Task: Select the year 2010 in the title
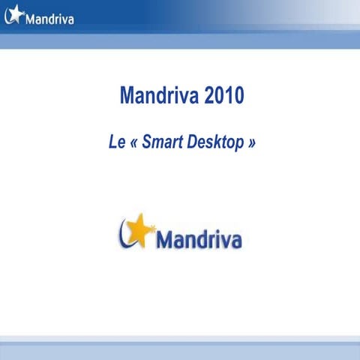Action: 223,97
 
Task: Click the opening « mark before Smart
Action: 138,142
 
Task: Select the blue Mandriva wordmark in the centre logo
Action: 198,240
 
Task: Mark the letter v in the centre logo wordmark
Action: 218,242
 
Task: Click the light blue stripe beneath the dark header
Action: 180,40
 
